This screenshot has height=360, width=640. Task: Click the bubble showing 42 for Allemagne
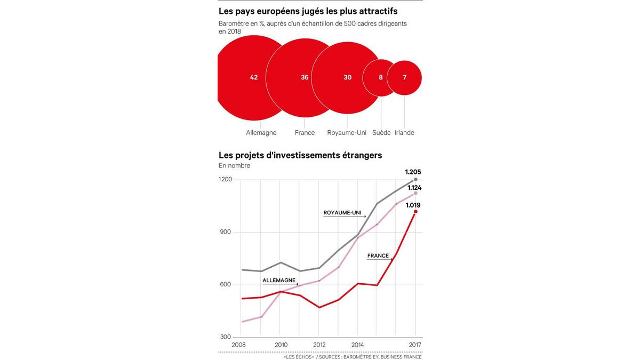(254, 77)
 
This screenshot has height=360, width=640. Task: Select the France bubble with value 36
(305, 77)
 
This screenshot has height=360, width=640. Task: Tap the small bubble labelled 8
(381, 77)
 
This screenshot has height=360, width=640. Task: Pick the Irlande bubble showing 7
(404, 77)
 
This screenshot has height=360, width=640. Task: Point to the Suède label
(381, 133)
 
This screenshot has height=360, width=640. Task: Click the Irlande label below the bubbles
(404, 133)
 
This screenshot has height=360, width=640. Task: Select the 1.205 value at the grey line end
(413, 172)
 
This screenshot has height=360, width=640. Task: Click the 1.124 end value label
(414, 187)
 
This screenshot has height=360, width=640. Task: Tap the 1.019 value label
(414, 205)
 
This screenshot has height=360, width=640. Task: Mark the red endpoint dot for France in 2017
(415, 212)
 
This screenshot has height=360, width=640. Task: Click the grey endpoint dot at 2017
(415, 180)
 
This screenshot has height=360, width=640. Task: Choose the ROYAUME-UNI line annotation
(342, 213)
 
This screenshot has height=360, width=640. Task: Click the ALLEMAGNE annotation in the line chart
(279, 280)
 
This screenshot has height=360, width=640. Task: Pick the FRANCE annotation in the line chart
(378, 256)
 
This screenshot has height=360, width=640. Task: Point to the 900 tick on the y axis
(226, 232)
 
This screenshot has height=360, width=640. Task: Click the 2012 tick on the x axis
(319, 345)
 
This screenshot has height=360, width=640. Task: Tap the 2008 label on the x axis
(239, 345)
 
